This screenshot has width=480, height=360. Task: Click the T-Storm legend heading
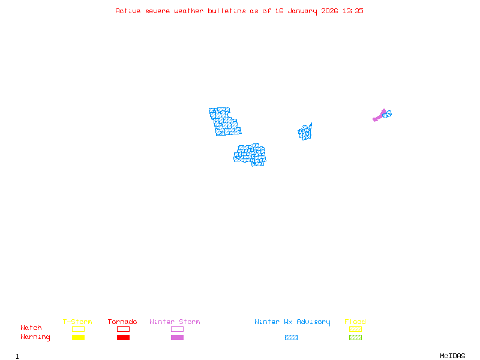coord(77,322)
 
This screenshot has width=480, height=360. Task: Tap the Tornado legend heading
coord(122,322)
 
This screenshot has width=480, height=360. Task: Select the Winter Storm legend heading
coord(175,322)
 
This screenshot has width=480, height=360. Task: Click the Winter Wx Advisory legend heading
coord(292,322)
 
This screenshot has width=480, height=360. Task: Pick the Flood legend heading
coord(355,322)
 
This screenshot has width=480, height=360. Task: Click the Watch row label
coord(31,328)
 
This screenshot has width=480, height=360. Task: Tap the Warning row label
coord(35,337)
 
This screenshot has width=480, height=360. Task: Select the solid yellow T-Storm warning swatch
coord(78,338)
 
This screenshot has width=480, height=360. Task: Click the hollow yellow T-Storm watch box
coord(78,329)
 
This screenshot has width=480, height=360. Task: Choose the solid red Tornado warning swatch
coord(123,338)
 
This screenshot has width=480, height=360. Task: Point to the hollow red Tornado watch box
coord(123,329)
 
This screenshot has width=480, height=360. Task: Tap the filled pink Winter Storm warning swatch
coord(177,338)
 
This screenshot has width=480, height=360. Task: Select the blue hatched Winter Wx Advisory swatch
coord(291,338)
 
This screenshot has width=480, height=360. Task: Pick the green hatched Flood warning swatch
coord(355,338)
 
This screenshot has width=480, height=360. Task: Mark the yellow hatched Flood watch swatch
coord(355,329)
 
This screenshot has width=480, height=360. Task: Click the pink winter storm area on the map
coord(379,116)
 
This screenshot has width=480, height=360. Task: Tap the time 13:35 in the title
coord(352,11)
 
